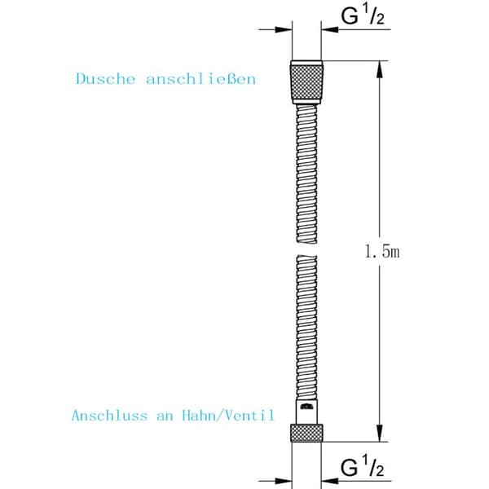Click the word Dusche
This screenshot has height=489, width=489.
106,78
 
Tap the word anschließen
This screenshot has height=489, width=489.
200,78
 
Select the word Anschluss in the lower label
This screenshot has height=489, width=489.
109,416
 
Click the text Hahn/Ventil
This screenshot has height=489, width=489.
228,416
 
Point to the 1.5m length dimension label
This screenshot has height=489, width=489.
382,251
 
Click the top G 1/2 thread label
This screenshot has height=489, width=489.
363,16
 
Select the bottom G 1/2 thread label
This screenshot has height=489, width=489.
363,468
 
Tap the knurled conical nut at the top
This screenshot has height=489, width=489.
306,82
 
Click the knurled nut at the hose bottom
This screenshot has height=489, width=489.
306,433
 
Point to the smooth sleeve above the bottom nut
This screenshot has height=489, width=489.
306,412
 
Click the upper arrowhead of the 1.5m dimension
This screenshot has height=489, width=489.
379,69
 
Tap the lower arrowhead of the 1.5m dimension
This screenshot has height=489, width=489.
379,433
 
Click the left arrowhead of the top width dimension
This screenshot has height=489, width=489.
283,29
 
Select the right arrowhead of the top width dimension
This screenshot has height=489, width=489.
330,29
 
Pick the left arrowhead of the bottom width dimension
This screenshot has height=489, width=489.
283,481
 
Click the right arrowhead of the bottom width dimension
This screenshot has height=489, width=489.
330,481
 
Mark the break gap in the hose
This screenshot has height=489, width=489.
306,249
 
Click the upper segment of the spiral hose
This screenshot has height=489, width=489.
306,174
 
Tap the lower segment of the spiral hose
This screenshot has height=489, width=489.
306,328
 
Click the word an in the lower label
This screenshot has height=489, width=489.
165,416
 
